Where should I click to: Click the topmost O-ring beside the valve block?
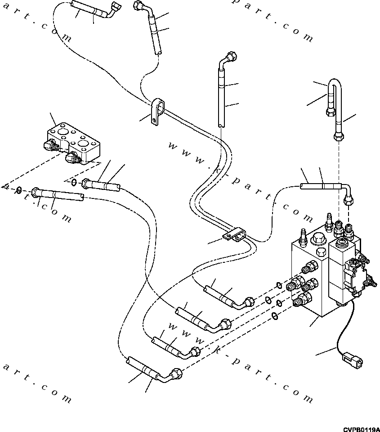pos(278,284)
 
